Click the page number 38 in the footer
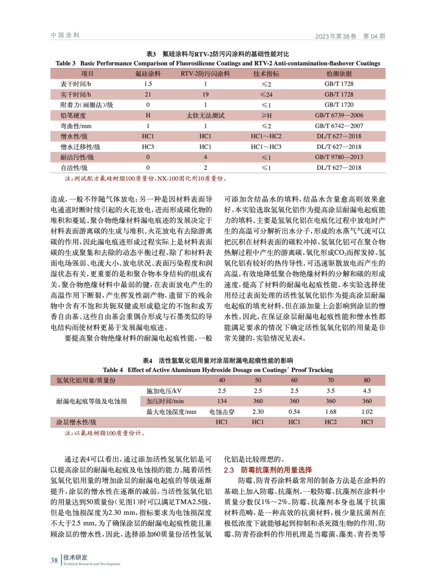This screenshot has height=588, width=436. coord(54,560)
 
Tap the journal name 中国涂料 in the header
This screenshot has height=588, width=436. coord(65,35)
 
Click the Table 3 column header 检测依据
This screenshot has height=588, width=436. coord(339,74)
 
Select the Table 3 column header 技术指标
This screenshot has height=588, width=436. coord(266,74)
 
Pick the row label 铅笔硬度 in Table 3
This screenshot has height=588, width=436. coord(73,115)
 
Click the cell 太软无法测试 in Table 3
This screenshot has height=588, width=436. coord(205,115)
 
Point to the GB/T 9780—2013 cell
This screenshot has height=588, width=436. coord(339,157)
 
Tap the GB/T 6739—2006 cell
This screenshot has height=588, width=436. coord(339,115)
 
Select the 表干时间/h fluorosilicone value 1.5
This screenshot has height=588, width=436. coord(148,84)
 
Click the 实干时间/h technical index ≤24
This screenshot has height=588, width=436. coord(266,94)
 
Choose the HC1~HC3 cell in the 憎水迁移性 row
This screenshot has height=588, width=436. coord(266,147)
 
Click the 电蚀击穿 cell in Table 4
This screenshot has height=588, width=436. coord(221,412)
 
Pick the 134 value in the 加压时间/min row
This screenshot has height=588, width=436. coord(221,401)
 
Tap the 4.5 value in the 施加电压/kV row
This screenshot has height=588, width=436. coord(367,391)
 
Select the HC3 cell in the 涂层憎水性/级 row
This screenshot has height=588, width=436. coord(367,422)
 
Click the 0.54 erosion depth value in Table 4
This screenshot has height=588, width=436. coord(294,412)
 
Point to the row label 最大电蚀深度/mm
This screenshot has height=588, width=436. coord(171,412)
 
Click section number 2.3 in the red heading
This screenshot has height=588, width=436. coord(229,470)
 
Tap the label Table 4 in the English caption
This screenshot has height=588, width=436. coord(113,370)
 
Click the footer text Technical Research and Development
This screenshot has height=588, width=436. coord(91,564)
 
